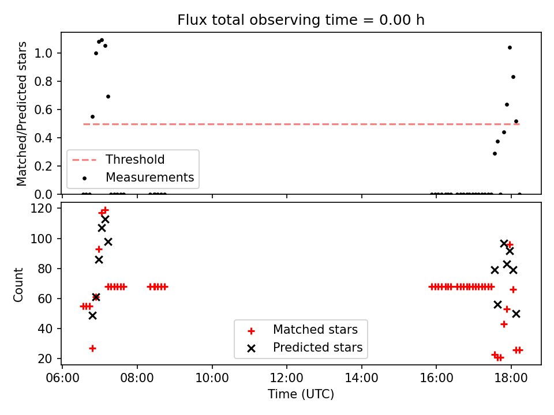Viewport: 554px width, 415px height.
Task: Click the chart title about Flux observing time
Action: pos(301,20)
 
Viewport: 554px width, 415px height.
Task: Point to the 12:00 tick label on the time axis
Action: pos(287,378)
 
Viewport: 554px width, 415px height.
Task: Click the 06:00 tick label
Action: pos(62,378)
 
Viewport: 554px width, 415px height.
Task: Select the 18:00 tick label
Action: pos(511,378)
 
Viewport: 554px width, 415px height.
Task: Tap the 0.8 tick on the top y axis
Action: pos(43,81)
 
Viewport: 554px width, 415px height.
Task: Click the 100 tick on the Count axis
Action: pos(42,239)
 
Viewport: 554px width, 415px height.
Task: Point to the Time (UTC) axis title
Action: pos(301,394)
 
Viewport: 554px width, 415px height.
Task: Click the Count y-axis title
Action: pos(18,284)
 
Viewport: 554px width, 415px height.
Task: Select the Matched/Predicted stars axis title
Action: pos(21,114)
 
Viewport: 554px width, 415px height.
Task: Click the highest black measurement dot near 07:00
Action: pos(102,40)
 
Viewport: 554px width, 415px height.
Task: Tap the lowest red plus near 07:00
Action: pos(92,349)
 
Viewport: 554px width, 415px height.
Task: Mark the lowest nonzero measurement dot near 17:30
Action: pos(495,153)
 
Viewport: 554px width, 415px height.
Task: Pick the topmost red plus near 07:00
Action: pos(105,210)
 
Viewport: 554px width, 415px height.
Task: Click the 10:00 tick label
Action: pos(212,378)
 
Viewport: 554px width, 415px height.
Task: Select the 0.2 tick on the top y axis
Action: pos(43,166)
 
